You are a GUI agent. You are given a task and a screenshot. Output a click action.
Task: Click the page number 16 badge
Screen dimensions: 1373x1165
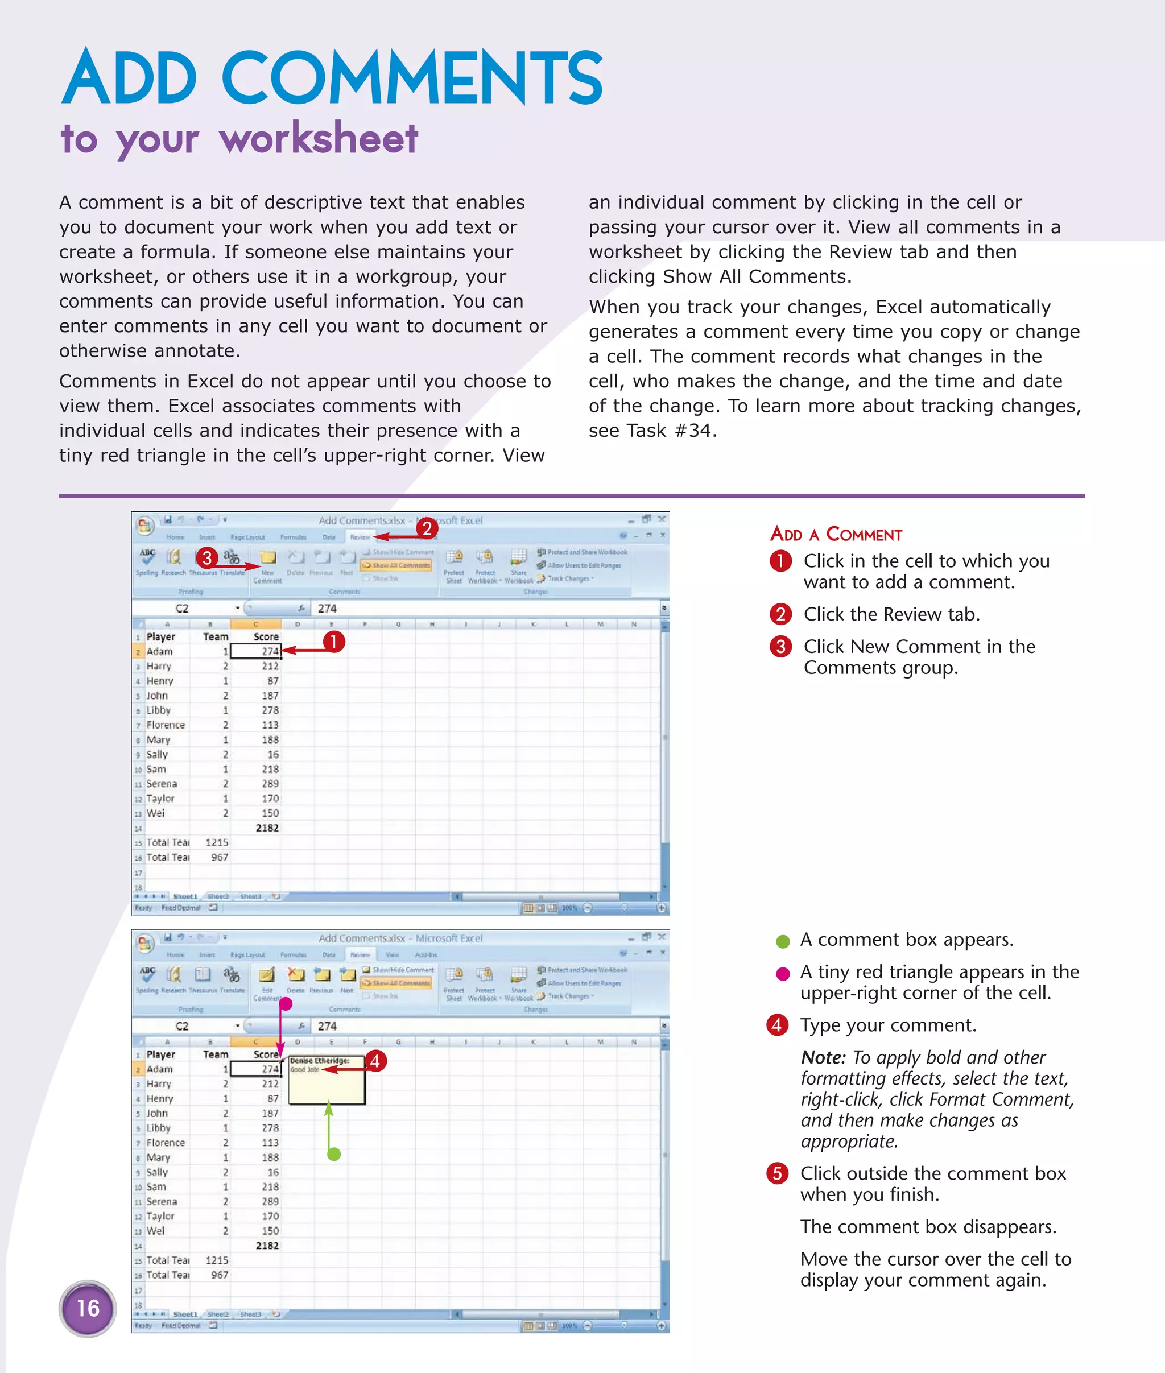[x=88, y=1308]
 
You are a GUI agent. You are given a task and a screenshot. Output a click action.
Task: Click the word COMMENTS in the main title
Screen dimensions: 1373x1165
[x=411, y=77]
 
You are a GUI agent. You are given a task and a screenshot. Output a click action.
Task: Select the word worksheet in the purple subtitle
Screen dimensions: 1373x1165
[x=319, y=139]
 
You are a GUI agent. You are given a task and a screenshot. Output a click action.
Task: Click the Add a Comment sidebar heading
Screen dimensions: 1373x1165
[x=836, y=534]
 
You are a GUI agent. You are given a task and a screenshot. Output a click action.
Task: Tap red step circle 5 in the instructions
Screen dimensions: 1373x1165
[x=777, y=1173]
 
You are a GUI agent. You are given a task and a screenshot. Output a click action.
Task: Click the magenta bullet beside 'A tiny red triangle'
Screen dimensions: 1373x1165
[x=783, y=974]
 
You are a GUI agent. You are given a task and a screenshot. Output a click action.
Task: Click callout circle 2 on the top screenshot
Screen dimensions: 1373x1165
[x=427, y=528]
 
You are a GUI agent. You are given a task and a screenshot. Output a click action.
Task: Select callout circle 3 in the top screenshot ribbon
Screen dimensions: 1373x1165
[x=206, y=558]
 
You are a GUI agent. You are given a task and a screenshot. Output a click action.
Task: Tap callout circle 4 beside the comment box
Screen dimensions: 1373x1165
[x=375, y=1061]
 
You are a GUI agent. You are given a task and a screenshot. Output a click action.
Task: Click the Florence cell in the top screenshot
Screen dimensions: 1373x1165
[x=166, y=725]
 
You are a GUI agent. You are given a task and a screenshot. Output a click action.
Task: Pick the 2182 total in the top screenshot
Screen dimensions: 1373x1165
[x=267, y=828]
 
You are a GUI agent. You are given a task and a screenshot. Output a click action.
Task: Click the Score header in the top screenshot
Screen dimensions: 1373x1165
[x=266, y=636]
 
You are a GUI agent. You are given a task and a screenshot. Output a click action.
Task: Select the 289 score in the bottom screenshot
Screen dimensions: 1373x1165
[x=270, y=1201]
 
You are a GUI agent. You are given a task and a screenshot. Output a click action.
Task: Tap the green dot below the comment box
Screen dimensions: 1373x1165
[x=334, y=1155]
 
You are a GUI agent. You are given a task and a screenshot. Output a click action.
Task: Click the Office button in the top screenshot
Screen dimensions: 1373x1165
[x=145, y=526]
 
